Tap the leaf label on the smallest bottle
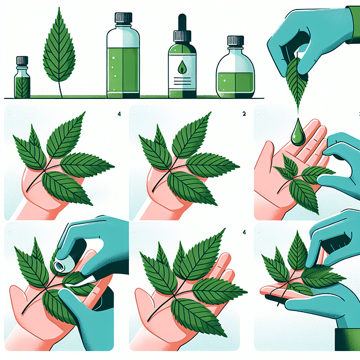click(x=22, y=87)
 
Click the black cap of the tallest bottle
click(x=123, y=18)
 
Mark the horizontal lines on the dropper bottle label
click(x=182, y=82)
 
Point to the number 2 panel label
click(x=244, y=114)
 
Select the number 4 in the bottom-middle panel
click(x=244, y=231)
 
